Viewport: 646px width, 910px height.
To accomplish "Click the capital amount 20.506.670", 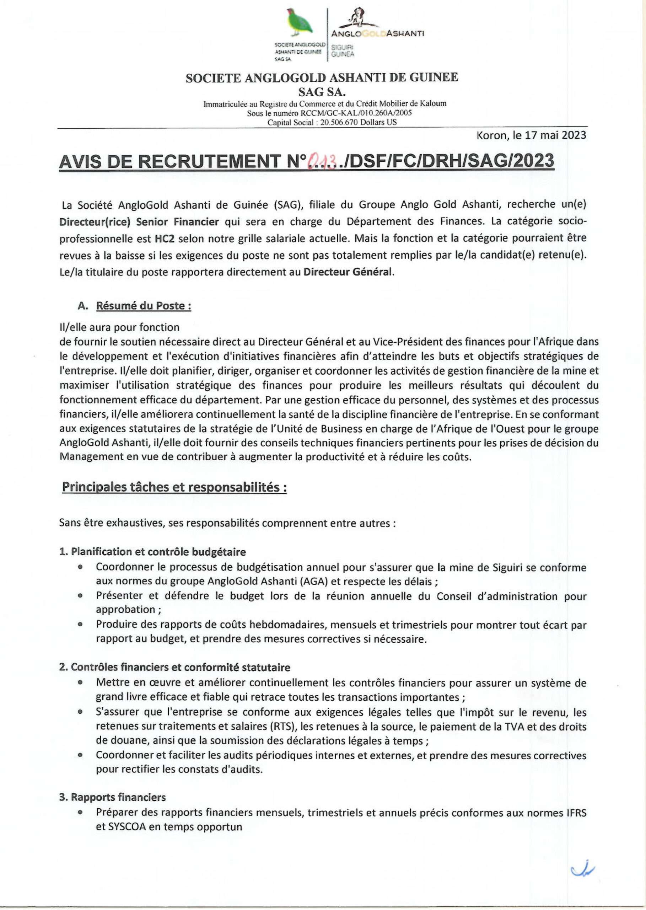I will [x=339, y=123].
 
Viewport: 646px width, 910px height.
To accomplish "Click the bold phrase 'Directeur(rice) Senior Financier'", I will [x=139, y=221].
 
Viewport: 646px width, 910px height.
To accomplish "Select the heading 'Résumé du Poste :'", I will [x=144, y=306].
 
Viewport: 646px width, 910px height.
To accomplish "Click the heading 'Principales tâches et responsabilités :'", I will [x=174, y=487].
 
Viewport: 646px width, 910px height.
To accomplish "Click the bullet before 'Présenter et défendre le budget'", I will [x=81, y=596].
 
